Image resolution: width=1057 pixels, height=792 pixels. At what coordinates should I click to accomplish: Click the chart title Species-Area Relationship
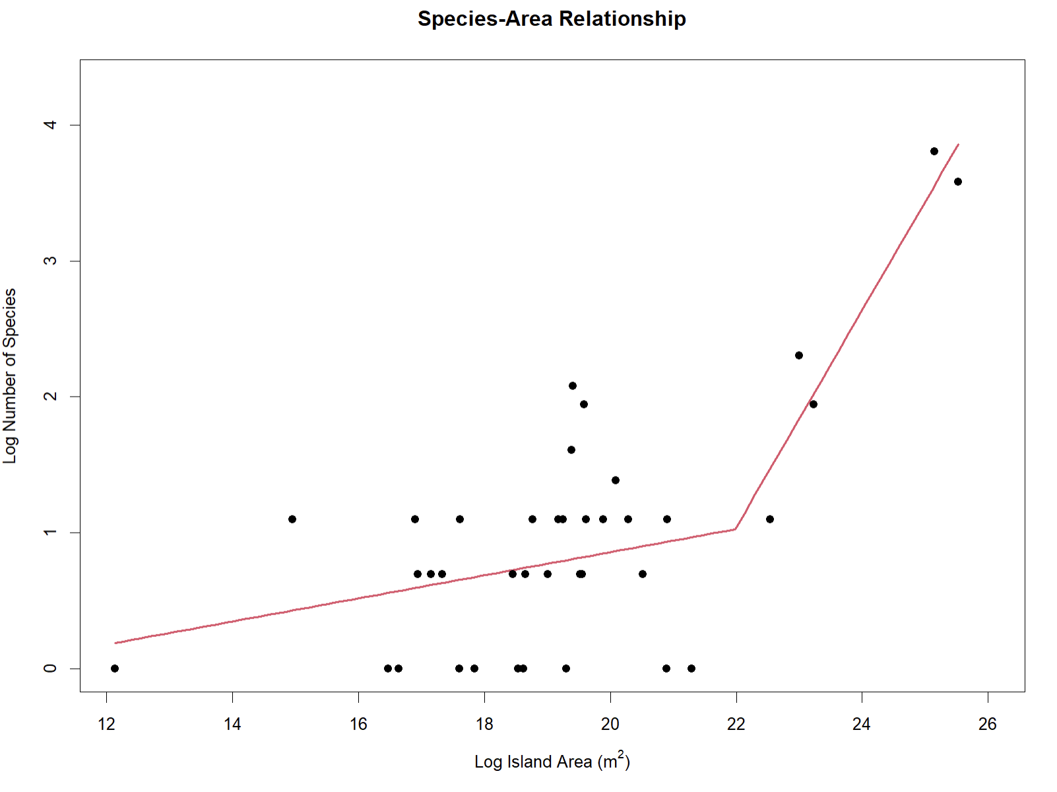tap(552, 18)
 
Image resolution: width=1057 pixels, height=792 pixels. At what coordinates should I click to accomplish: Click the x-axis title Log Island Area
tap(552, 762)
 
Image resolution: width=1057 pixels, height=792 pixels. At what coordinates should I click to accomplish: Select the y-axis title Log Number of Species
tap(10, 376)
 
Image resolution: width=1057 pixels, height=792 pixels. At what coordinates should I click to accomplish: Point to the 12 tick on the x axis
tap(106, 724)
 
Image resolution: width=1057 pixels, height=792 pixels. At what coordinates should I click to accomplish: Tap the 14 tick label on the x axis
tap(232, 724)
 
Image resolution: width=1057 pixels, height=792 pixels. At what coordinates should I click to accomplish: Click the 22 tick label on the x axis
tap(736, 724)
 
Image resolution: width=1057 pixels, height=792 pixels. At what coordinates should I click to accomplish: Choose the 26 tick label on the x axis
tap(988, 724)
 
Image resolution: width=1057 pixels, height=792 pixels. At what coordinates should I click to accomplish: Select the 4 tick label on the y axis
tap(50, 125)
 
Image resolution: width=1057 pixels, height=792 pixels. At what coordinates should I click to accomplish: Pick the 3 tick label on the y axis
tap(50, 261)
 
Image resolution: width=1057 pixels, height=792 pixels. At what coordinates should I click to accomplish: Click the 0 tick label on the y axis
tap(50, 669)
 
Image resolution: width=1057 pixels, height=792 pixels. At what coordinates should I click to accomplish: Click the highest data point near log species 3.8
tap(934, 151)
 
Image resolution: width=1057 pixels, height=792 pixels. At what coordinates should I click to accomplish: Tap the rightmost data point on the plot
tap(958, 181)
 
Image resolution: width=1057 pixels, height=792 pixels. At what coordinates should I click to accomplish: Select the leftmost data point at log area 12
tap(115, 669)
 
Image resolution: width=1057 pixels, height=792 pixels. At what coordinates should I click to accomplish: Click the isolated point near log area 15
tap(292, 519)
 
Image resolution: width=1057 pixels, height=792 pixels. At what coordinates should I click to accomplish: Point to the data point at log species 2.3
tap(799, 355)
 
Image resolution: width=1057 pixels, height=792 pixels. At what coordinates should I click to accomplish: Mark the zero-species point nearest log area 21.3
tap(691, 669)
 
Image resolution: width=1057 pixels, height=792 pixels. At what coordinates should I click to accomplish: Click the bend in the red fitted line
tap(735, 529)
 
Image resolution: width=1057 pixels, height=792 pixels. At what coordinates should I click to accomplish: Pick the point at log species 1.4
tap(616, 480)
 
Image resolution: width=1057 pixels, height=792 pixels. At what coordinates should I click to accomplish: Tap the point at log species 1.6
tap(571, 450)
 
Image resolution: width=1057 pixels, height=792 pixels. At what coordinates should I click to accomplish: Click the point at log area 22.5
tap(770, 519)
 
